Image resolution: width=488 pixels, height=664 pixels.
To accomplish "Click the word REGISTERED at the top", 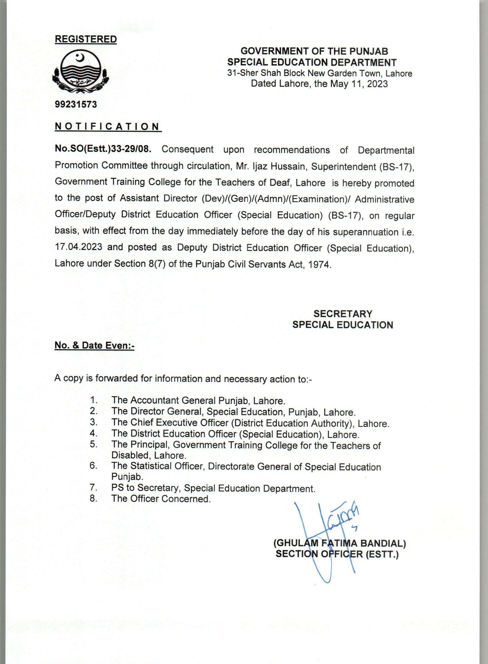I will pos(86,39).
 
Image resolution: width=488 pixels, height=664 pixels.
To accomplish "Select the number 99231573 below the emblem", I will pos(76,104).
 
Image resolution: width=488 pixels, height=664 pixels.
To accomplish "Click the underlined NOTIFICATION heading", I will pos(108,126).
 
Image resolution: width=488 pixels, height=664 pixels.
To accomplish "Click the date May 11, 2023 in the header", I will pos(359,84).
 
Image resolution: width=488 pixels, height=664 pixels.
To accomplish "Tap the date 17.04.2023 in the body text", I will pos(79,247).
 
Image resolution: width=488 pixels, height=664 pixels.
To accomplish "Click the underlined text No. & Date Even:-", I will pos(94,345).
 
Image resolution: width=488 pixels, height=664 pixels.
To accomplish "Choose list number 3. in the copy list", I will pos(94,422).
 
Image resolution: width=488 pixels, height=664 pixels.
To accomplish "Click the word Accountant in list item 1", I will pos(154,400).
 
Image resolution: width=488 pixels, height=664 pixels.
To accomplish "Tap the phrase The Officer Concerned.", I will pos(161,499).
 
